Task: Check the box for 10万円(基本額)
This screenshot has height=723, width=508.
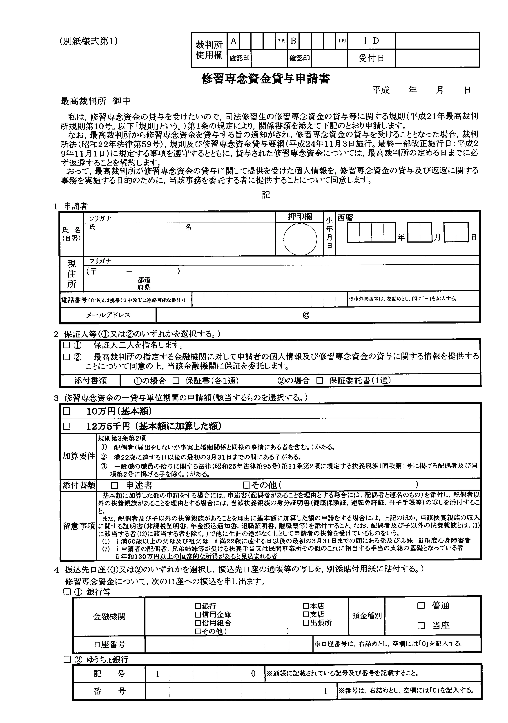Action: pyautogui.click(x=67, y=411)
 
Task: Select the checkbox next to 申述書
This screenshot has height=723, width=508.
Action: pyautogui.click(x=115, y=485)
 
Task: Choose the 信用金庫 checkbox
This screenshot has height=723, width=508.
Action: pyautogui.click(x=198, y=614)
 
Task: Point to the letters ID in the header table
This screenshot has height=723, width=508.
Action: pyautogui.click(x=371, y=41)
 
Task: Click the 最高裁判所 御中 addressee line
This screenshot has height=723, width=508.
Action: pyautogui.click(x=95, y=101)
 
